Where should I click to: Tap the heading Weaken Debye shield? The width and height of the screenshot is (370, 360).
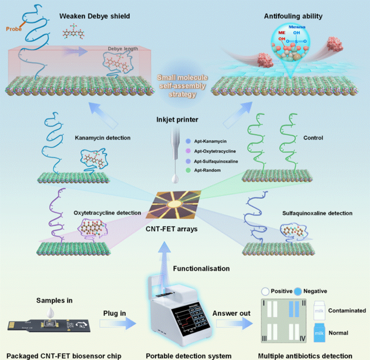[x=95, y=16]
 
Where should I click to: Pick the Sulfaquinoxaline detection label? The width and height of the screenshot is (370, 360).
[x=317, y=213]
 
